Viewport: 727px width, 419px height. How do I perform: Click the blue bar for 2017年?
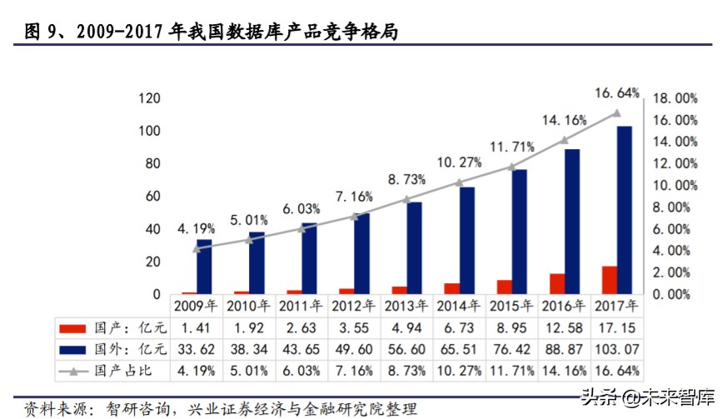[624, 210]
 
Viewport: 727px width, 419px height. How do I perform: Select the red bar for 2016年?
[557, 283]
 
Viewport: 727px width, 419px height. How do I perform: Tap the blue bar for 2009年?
[204, 267]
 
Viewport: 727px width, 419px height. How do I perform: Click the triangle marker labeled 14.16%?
[564, 140]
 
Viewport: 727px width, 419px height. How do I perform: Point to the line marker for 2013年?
[406, 200]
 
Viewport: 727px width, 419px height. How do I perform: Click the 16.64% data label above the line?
[617, 93]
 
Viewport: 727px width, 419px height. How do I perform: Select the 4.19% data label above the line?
[196, 229]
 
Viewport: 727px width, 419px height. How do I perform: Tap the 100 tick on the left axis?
[149, 131]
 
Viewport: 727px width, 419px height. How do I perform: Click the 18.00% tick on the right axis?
[675, 98]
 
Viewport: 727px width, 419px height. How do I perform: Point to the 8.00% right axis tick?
[671, 207]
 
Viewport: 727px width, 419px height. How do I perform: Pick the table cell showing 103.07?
[617, 349]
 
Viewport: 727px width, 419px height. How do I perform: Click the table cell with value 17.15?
[617, 328]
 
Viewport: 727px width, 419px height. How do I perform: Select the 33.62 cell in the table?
[196, 349]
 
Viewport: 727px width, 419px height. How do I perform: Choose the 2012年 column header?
[353, 306]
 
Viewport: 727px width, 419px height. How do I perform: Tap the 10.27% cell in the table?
[459, 371]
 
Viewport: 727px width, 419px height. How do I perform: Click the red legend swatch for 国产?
[72, 329]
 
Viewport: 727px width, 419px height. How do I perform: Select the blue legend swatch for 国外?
[72, 350]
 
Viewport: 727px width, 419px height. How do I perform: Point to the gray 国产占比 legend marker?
[73, 372]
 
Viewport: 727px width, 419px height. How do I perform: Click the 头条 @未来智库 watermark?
[648, 397]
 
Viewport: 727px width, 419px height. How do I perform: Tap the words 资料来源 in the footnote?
[56, 409]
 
